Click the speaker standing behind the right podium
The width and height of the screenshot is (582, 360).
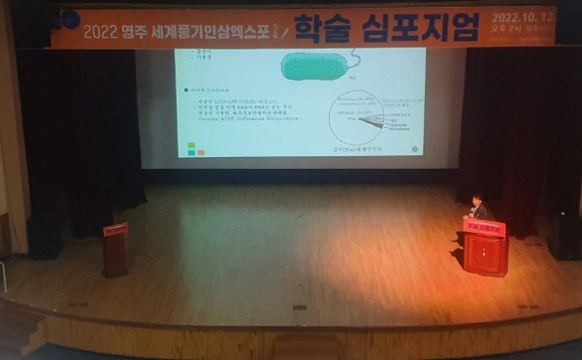[x=476, y=207]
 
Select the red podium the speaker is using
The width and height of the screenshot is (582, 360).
[x=484, y=250]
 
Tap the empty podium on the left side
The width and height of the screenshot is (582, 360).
[x=115, y=252]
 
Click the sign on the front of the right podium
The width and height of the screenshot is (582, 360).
[x=484, y=229]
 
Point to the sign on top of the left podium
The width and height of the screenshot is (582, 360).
[x=115, y=229]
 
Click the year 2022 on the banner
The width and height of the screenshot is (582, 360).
[x=100, y=30]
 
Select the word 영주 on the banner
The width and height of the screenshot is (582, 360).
[x=138, y=30]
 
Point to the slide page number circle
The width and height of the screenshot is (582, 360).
[x=415, y=149]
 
